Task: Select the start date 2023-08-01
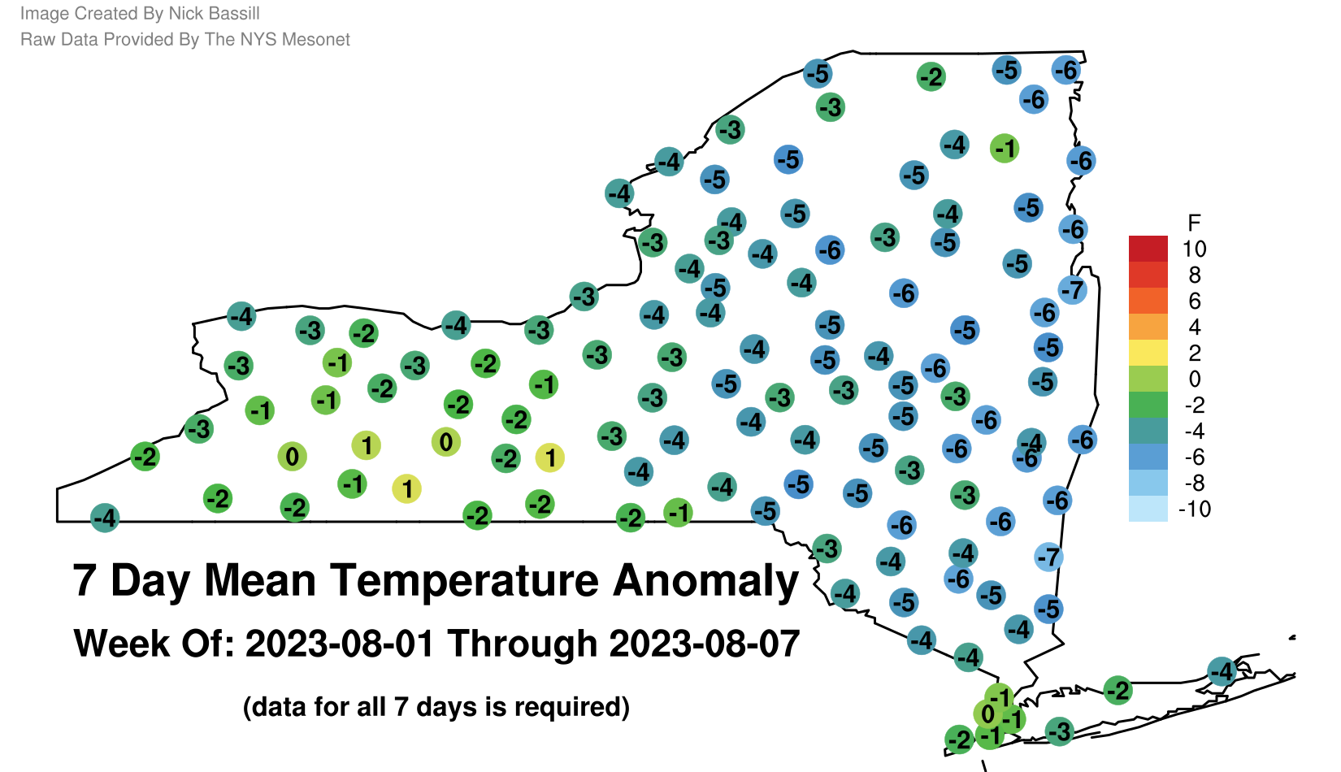tap(340, 644)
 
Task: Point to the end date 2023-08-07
tap(705, 644)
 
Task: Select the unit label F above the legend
tap(1194, 223)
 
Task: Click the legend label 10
tap(1194, 249)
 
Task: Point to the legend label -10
tap(1195, 510)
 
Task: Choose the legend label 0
tap(1195, 379)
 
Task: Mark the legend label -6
tap(1195, 458)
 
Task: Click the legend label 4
tap(1195, 327)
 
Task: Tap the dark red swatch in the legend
tap(1148, 249)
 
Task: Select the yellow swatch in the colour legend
tap(1148, 353)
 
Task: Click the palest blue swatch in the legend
tap(1148, 509)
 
